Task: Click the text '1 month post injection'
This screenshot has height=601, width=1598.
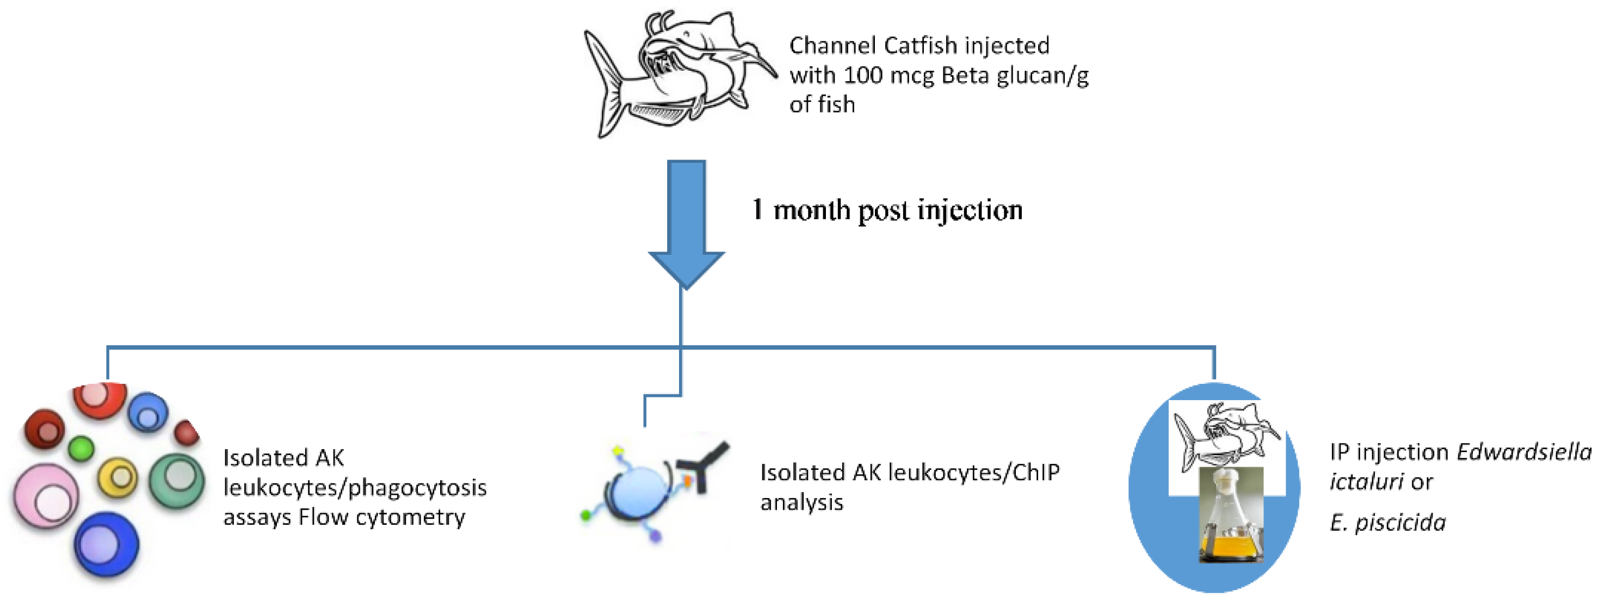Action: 887,210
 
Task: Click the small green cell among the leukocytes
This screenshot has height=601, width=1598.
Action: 81,447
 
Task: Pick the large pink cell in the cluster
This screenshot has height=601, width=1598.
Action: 47,496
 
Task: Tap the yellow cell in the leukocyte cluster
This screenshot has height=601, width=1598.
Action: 118,476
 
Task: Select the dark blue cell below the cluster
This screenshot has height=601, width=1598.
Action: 106,544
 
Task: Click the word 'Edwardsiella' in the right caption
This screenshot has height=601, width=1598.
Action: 1523,452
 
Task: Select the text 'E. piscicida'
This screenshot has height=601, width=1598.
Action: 1387,522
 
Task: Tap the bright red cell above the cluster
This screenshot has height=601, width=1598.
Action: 99,398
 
